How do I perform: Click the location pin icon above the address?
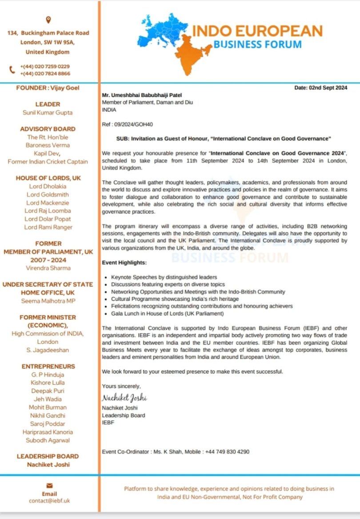pyautogui.click(x=48, y=20)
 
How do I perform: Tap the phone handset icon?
pyautogui.click(x=12, y=70)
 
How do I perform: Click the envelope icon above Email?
pyautogui.click(x=49, y=485)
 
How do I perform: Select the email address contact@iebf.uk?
pyautogui.click(x=49, y=500)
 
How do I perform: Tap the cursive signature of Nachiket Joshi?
pyautogui.click(x=124, y=397)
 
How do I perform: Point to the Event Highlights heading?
pyautogui.click(x=124, y=263)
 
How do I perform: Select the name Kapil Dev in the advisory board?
pyautogui.click(x=48, y=154)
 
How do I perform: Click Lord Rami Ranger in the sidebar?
pyautogui.click(x=48, y=227)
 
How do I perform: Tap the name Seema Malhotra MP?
pyautogui.click(x=48, y=301)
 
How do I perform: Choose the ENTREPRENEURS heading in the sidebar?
pyautogui.click(x=48, y=366)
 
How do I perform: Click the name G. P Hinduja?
pyautogui.click(x=48, y=375)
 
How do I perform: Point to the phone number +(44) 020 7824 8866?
pyautogui.click(x=45, y=73)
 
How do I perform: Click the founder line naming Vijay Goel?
pyautogui.click(x=48, y=88)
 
